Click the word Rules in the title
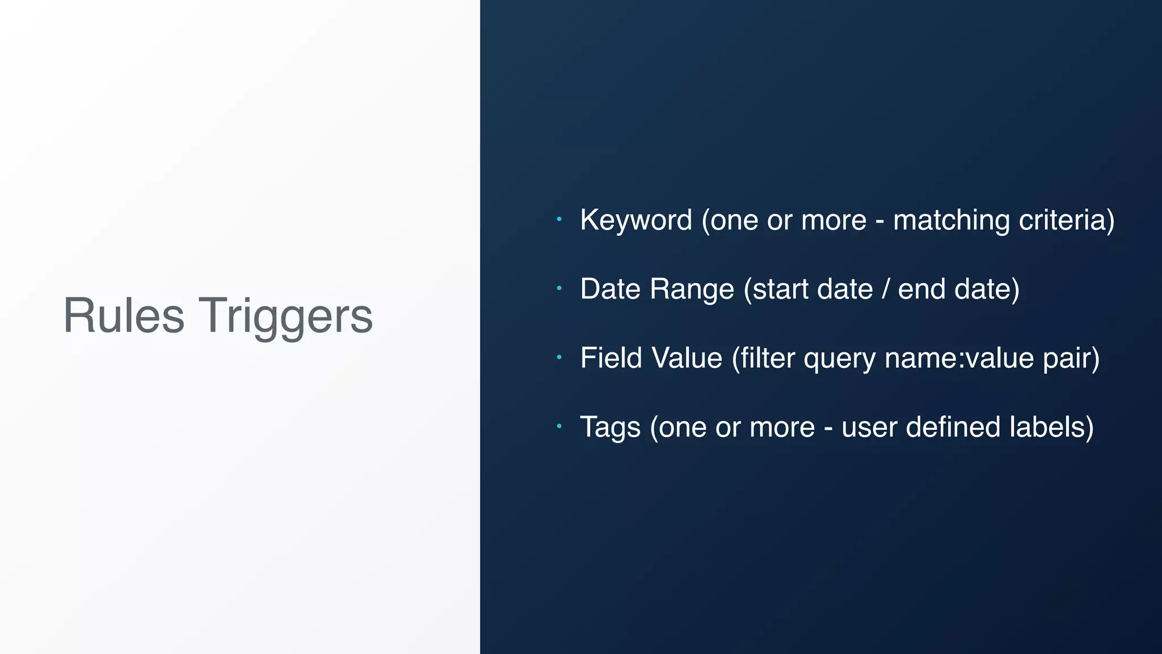[x=124, y=316]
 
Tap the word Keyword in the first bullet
[x=636, y=220]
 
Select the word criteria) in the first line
[x=1067, y=220]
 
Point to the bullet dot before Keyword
[x=559, y=219]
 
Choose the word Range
[x=692, y=290]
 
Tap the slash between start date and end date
[x=886, y=289]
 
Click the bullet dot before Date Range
[x=559, y=288]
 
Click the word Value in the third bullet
[x=687, y=358]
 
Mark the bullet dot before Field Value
[x=559, y=357]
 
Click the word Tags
[x=610, y=428]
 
